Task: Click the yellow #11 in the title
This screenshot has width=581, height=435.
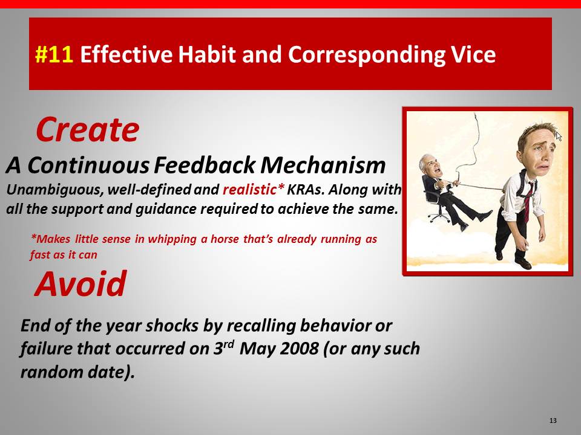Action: pos(54,54)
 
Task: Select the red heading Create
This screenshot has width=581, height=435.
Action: pos(87,129)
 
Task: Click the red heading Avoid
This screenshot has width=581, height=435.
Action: pos(80,284)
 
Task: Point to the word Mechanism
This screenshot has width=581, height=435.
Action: pos(323,165)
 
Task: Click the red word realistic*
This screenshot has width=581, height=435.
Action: pos(254,189)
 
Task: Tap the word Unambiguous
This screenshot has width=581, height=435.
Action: pos(55,190)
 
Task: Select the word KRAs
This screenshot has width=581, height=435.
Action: pos(306,189)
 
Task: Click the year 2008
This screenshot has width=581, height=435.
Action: pos(299,349)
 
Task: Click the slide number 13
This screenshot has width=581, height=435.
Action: pos(553,420)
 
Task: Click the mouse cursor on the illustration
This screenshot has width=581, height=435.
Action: pos(559,136)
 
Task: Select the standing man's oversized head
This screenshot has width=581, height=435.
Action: pos(537,148)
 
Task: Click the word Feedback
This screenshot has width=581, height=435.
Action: pos(205,165)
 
